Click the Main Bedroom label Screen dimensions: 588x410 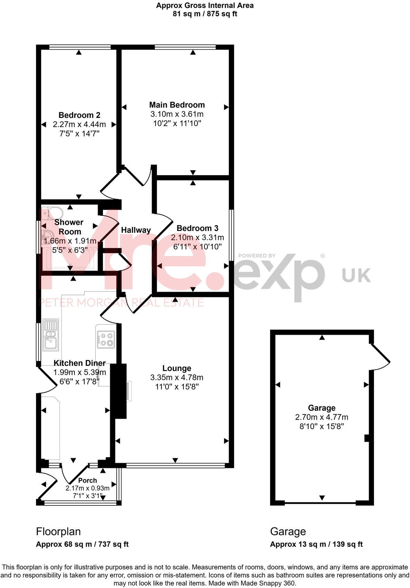pyautogui.click(x=177, y=105)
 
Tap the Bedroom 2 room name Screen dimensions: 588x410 pyautogui.click(x=79, y=115)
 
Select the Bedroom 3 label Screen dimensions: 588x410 pyautogui.click(x=197, y=228)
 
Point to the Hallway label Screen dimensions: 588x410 pyautogui.click(x=136, y=230)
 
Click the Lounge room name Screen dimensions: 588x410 pyautogui.click(x=177, y=368)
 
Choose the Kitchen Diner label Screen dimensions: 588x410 pyautogui.click(x=79, y=363)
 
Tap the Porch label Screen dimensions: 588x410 pyautogui.click(x=88, y=480)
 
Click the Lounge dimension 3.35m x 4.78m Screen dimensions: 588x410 pyautogui.click(x=177, y=377)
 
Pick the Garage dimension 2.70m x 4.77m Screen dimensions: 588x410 pyautogui.click(x=322, y=417)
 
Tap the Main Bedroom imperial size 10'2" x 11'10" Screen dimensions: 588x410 pyautogui.click(x=177, y=123)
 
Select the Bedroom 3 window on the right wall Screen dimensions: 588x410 pyautogui.click(x=232, y=235)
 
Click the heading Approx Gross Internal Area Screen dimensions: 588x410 pyautogui.click(x=205, y=6)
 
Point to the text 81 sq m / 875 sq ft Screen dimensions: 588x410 pyautogui.click(x=205, y=14)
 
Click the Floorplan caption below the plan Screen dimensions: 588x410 pyautogui.click(x=58, y=531)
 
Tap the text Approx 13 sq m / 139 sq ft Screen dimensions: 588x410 pyautogui.click(x=316, y=544)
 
